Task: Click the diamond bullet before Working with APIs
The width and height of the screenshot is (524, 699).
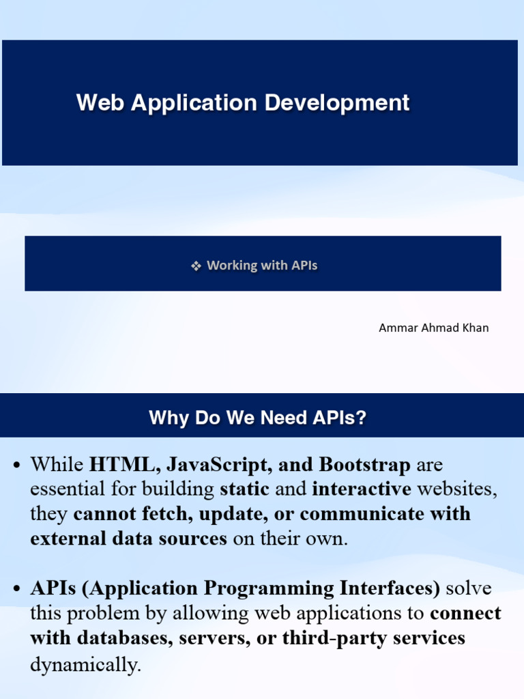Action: (196, 266)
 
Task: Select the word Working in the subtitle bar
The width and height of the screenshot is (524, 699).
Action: (232, 266)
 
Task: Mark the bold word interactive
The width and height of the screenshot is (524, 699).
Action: (362, 489)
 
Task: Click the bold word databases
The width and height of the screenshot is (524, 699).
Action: (119, 638)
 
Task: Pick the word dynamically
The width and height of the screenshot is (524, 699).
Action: (85, 664)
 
